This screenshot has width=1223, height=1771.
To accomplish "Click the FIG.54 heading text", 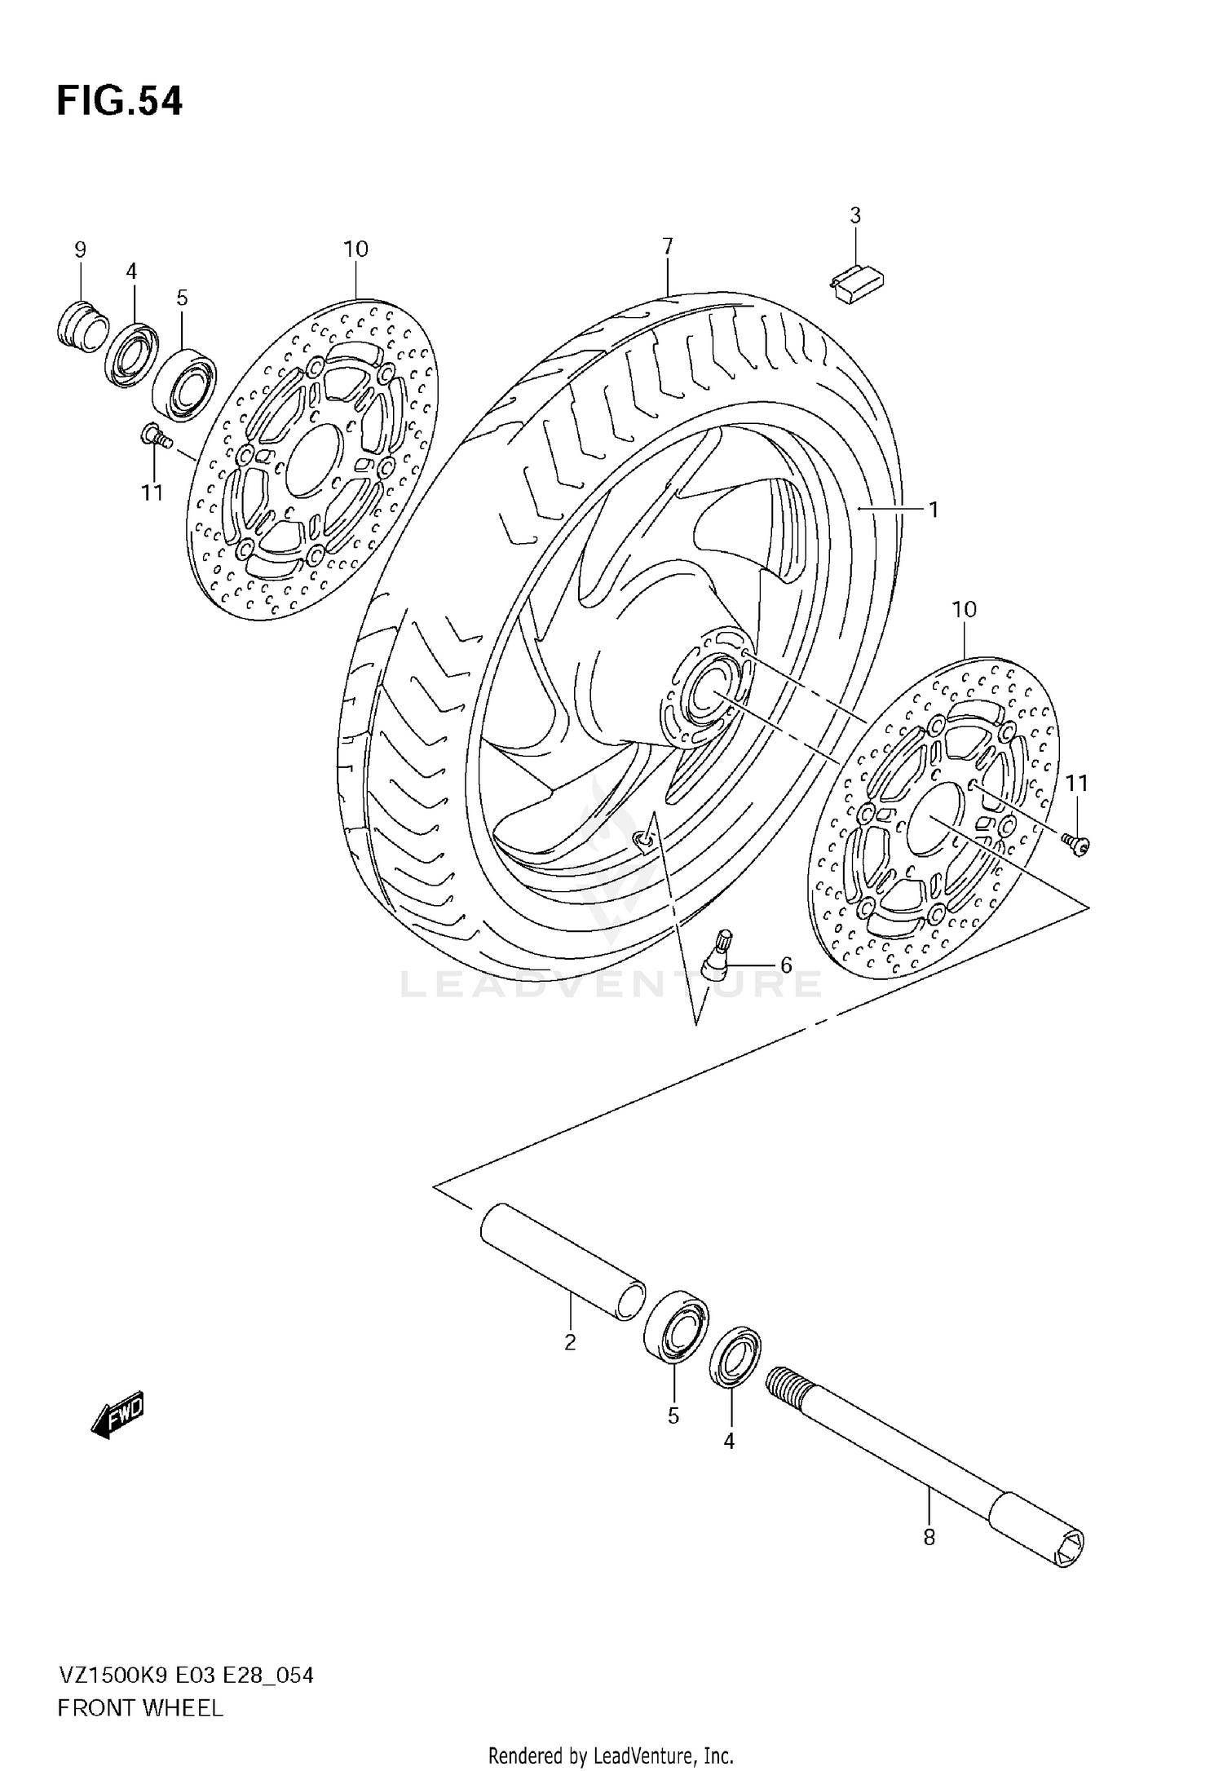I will (120, 102).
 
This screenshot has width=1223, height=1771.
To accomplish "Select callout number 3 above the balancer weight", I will (854, 216).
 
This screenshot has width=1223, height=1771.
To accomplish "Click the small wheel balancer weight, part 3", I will (856, 284).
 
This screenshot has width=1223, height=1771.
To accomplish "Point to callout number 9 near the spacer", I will (80, 250).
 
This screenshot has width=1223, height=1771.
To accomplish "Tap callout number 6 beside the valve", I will (786, 965).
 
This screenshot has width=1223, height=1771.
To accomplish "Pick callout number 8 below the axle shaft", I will (929, 1538).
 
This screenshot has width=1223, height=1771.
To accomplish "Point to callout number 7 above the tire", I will (667, 246).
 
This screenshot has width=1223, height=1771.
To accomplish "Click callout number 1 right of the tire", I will (934, 510).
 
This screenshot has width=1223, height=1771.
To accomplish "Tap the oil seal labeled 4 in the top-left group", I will (130, 355).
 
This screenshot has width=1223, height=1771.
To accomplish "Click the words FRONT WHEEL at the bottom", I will (140, 1708).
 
